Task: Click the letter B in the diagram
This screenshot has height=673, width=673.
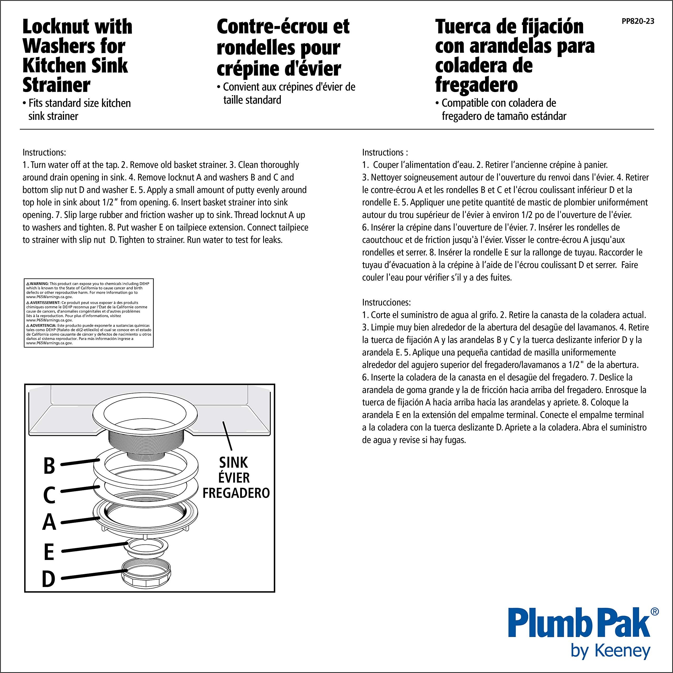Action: pyautogui.click(x=49, y=466)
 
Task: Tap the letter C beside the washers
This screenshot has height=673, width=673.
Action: pyautogui.click(x=49, y=495)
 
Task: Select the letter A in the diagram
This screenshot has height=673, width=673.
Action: pyautogui.click(x=49, y=523)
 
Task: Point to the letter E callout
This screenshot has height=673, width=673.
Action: pyautogui.click(x=49, y=552)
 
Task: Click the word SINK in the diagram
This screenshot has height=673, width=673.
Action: pyautogui.click(x=233, y=463)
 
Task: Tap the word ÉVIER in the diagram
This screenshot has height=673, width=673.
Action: pyautogui.click(x=234, y=478)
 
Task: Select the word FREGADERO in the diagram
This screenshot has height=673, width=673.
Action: pyautogui.click(x=236, y=493)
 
